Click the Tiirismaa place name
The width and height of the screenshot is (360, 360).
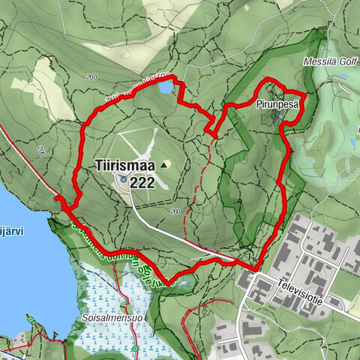click(x=124, y=164)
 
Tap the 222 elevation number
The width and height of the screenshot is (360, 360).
click(x=142, y=181)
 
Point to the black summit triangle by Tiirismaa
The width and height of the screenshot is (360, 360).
click(x=164, y=163)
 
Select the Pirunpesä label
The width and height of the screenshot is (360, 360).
click(x=277, y=104)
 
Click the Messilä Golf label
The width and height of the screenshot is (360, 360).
click(x=331, y=61)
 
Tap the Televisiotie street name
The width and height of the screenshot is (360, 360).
click(x=304, y=285)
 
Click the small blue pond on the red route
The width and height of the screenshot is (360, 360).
click(x=163, y=88)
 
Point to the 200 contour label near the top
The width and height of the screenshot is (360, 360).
click(x=93, y=78)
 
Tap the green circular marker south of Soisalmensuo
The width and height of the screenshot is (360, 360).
click(x=135, y=349)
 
